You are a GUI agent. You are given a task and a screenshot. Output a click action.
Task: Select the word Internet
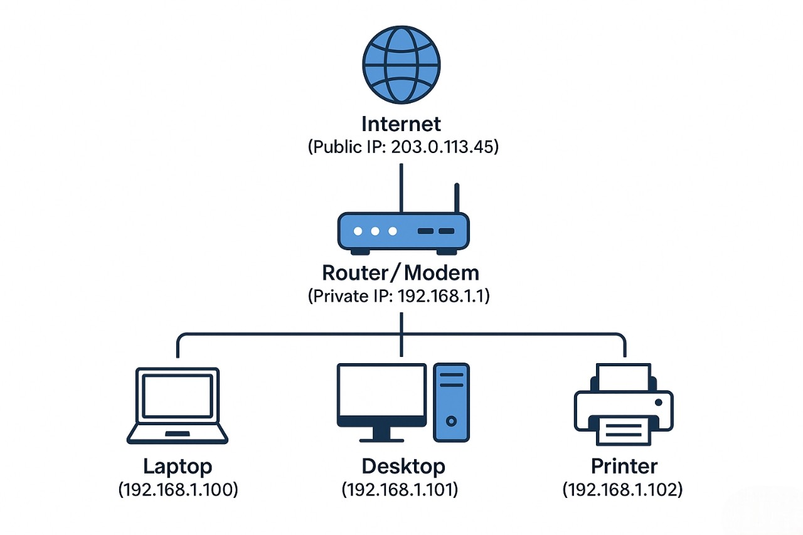pos(401,124)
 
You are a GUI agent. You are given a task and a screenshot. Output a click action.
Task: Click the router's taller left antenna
pos(401,188)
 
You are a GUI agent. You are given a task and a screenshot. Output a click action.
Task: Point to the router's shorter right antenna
pos(457,198)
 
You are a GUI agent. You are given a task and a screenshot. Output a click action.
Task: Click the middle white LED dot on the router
pos(375,231)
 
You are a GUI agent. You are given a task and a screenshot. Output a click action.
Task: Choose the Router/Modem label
pos(401,272)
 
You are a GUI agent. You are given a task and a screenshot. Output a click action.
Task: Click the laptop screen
pos(178,396)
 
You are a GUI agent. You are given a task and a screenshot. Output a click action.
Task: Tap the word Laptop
pos(178,466)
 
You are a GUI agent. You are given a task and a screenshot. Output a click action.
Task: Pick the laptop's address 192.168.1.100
pos(178,490)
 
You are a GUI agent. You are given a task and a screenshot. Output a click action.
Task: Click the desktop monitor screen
pos(381,390)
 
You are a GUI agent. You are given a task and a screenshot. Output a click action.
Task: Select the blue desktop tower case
pos(451,401)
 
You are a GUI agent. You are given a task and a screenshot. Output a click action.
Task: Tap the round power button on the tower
pos(451,421)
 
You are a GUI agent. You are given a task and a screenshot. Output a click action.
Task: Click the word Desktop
pos(403,466)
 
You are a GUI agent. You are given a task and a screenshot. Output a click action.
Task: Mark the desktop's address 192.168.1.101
pos(400,490)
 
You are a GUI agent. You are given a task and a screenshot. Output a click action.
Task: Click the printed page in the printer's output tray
pos(624,432)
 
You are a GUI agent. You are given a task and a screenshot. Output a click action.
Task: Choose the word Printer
pos(624,466)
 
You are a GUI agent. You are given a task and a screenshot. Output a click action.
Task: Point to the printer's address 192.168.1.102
pos(622,490)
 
